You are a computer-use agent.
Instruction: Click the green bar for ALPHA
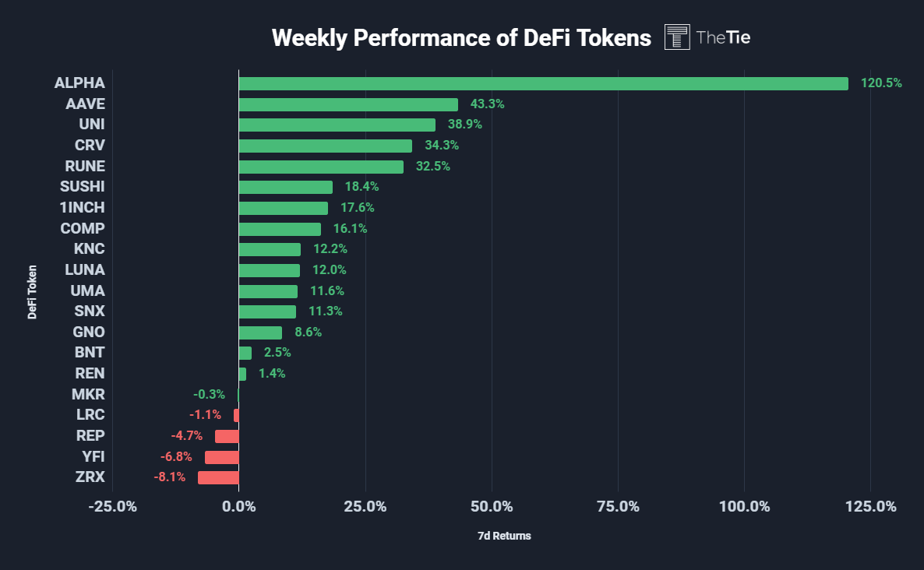pos(543,83)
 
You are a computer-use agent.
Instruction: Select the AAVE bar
pos(348,104)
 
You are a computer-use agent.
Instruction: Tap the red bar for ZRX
pos(218,477)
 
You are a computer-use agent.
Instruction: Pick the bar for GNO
pos(260,332)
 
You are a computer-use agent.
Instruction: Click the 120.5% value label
pos(881,83)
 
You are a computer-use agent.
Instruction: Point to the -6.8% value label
pos(176,456)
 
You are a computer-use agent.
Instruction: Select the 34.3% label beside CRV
pos(442,146)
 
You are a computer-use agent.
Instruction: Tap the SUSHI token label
pos(82,187)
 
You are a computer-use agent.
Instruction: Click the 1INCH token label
pos(82,208)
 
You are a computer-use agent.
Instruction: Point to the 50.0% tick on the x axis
pos(492,507)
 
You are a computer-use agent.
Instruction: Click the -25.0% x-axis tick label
pos(112,507)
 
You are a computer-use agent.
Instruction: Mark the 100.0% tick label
pos(744,507)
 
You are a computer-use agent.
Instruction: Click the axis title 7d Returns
pos(504,537)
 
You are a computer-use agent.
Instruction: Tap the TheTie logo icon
pos(677,37)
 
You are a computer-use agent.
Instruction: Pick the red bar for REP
pos(227,436)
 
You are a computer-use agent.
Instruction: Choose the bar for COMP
pos(280,229)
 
